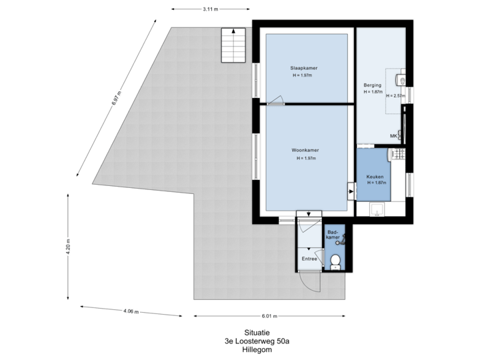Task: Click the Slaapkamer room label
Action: tap(302, 68)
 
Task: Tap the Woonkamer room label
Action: tap(306, 151)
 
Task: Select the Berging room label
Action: tap(372, 85)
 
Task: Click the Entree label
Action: tap(309, 259)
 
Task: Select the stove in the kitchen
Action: tap(398, 155)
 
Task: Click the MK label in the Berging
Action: tap(394, 137)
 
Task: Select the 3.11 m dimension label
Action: tap(211, 9)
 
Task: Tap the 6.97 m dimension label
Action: tap(116, 100)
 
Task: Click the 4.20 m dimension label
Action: tap(68, 247)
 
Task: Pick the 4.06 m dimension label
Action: tap(131, 311)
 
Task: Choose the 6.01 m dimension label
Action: tap(269, 315)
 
